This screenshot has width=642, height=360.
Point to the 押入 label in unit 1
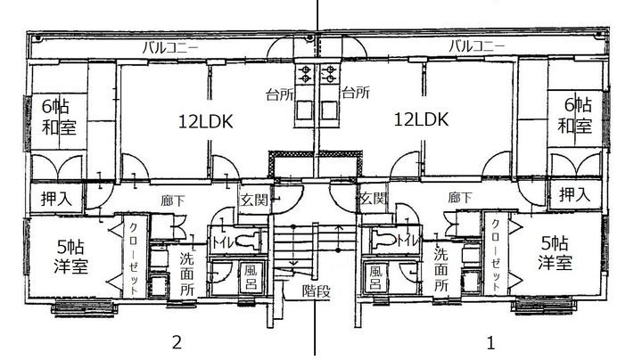pyautogui.click(x=574, y=193)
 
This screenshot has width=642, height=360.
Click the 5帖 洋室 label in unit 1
pyautogui.click(x=554, y=252)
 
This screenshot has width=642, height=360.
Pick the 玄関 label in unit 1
pyautogui.click(x=373, y=198)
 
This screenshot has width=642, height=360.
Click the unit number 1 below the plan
pyautogui.click(x=490, y=340)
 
